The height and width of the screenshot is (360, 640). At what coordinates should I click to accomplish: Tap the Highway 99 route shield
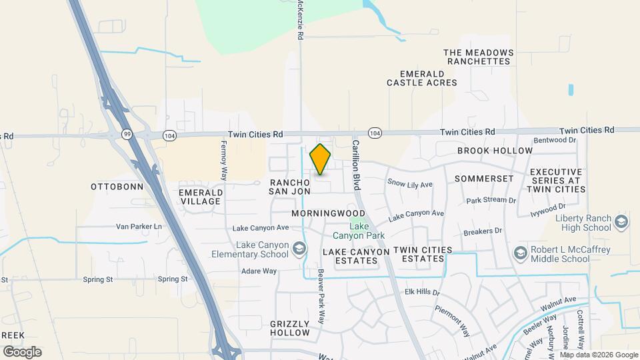[x=127, y=134]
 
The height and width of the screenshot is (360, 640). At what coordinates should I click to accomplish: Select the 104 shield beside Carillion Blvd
[x=376, y=133]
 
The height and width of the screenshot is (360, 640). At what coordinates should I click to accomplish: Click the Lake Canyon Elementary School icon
[x=299, y=249]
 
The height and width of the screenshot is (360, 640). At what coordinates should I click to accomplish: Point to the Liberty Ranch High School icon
[x=621, y=222]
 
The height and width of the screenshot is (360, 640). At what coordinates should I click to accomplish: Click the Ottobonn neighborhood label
[x=117, y=187]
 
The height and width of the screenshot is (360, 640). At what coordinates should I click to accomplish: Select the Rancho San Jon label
[x=290, y=187]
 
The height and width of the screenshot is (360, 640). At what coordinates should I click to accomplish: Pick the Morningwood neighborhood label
[x=329, y=213]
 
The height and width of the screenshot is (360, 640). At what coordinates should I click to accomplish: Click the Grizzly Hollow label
[x=290, y=327]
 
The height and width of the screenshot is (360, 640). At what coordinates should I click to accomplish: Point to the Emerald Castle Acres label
[x=422, y=78]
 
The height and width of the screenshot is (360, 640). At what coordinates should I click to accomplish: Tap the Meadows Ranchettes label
[x=479, y=57]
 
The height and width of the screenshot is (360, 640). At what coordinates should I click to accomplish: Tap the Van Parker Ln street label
[x=139, y=227]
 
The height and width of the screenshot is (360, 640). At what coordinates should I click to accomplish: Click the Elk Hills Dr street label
[x=423, y=292]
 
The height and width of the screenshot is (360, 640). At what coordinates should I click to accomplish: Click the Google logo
[x=22, y=351]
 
